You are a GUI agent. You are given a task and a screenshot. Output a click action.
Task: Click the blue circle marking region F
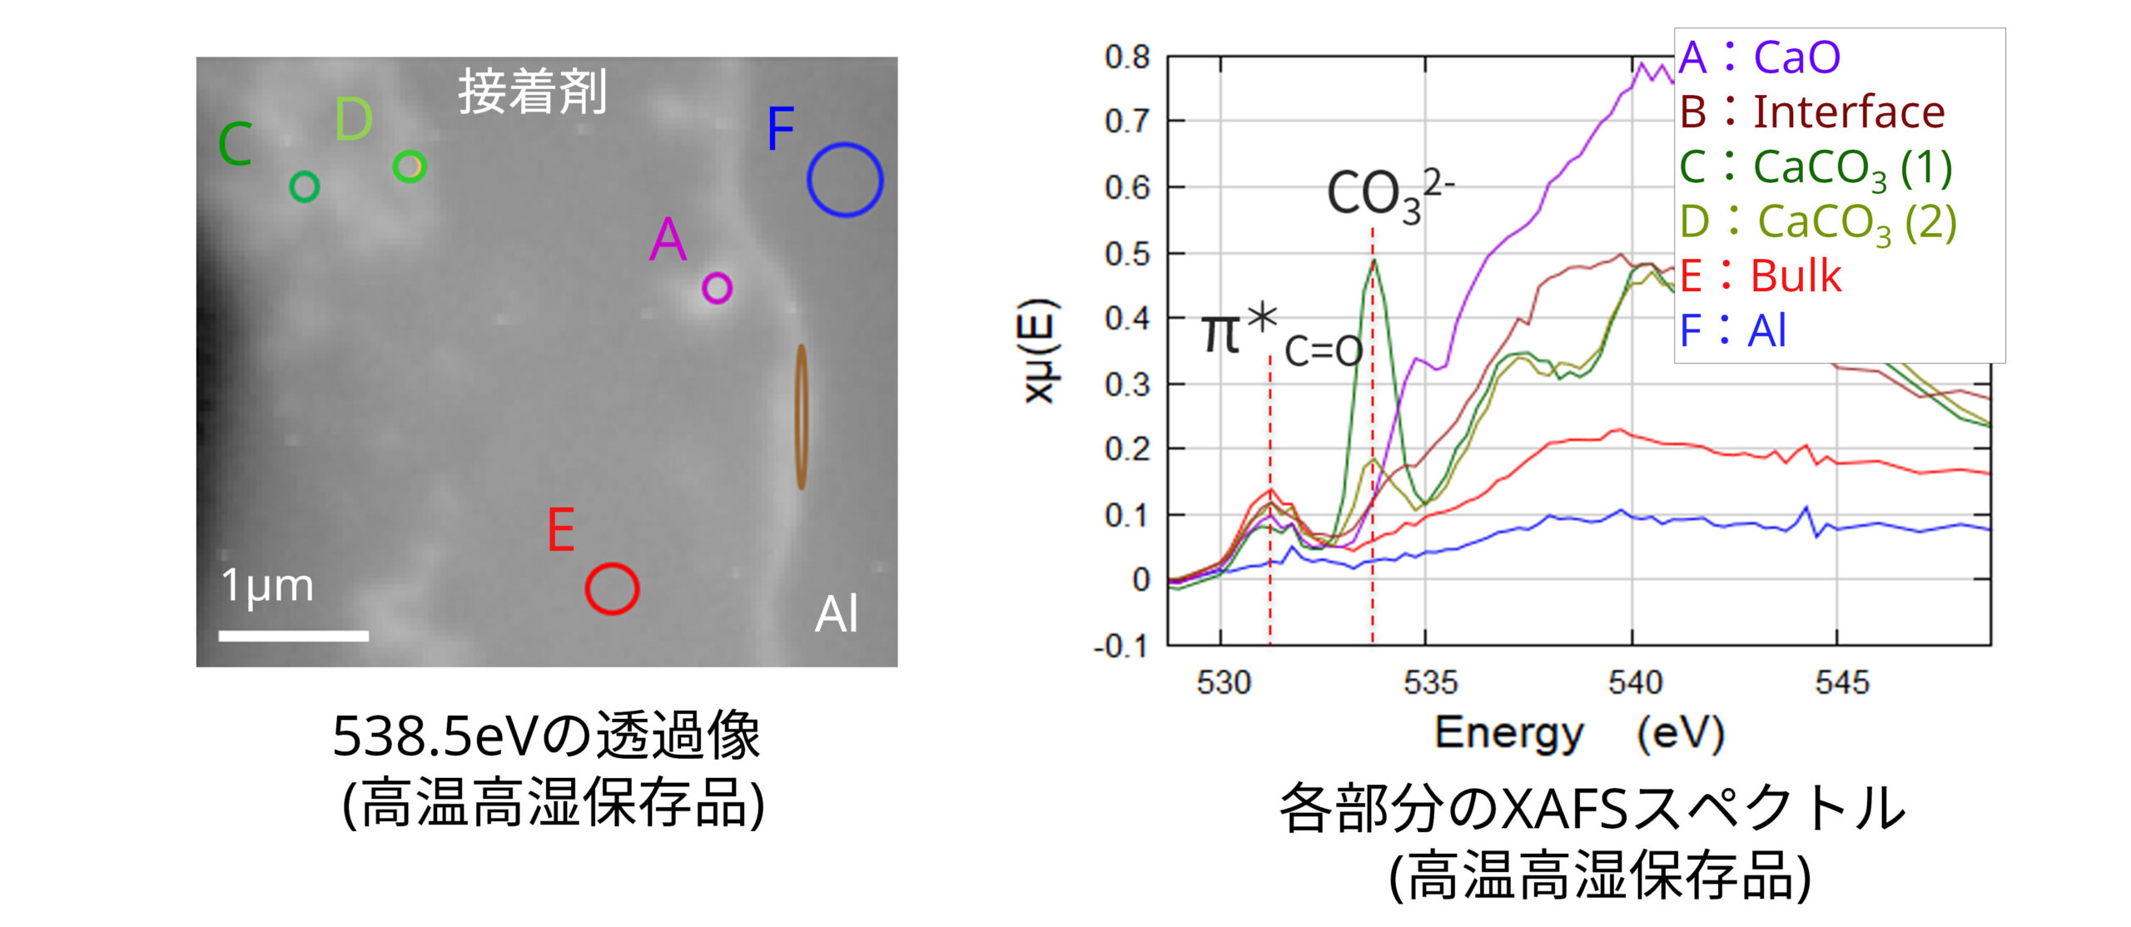point(844,180)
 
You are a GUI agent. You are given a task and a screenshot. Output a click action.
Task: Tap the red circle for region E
point(612,588)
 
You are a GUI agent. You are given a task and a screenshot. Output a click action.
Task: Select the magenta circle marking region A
point(717,288)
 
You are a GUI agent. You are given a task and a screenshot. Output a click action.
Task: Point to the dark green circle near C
point(304,186)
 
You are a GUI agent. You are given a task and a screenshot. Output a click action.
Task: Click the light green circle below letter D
point(410,166)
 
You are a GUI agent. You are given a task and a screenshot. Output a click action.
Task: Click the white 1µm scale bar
point(293,636)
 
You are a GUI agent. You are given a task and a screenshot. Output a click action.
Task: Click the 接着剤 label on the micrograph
point(533,92)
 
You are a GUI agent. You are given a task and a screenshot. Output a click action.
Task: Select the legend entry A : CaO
point(1760,57)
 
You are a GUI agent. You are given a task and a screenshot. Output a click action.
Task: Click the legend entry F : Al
point(1733,330)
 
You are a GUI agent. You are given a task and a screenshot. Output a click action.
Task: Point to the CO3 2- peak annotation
point(1388,196)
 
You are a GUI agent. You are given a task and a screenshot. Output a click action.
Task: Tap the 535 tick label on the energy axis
point(1430,682)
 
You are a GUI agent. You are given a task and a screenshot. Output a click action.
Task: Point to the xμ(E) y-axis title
point(1041,350)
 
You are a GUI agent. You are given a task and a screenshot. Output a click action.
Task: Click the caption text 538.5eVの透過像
point(546,736)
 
